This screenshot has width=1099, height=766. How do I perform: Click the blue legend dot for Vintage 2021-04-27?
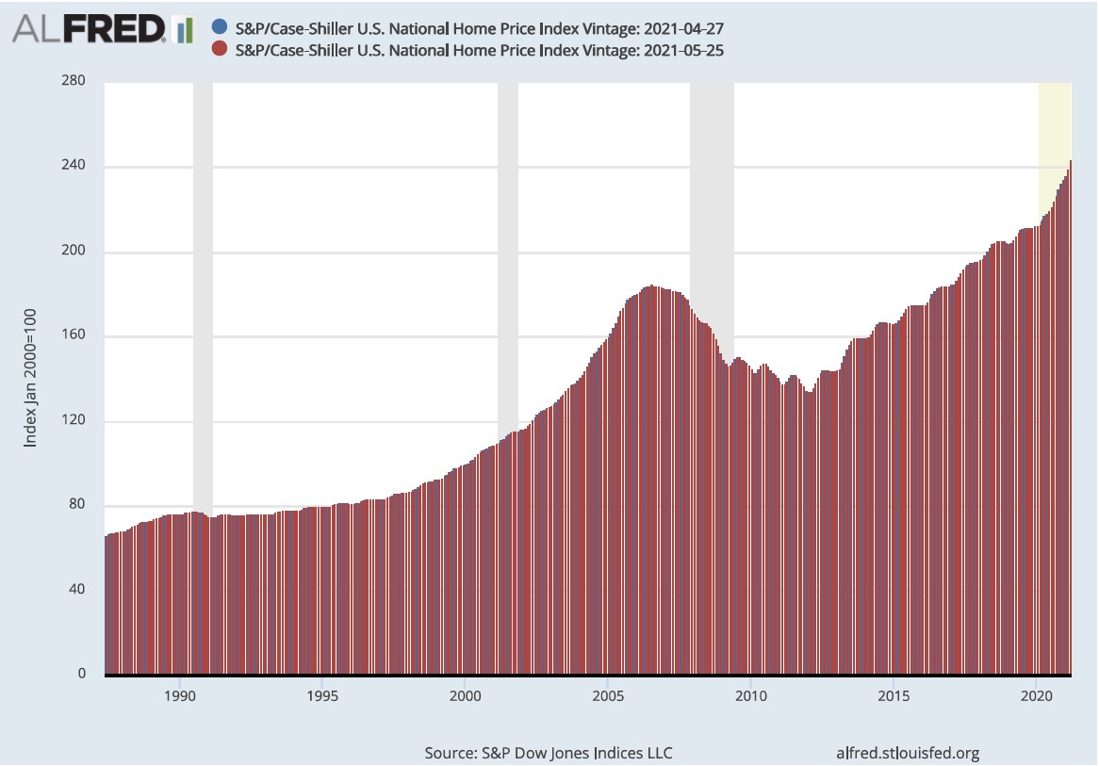220,27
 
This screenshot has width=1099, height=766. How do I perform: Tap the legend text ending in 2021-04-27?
480,27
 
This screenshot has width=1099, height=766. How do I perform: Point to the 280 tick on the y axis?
74,81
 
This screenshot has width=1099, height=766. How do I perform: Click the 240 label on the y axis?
74,166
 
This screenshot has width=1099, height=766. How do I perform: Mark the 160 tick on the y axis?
74,335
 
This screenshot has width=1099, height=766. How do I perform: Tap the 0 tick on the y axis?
81,675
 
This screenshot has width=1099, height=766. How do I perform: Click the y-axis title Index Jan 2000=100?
31,378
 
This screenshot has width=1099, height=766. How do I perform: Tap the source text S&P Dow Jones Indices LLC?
549,753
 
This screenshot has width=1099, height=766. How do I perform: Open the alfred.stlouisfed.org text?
908,753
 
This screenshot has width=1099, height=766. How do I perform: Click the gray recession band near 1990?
203,283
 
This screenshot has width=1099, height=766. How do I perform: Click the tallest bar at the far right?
1070,424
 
